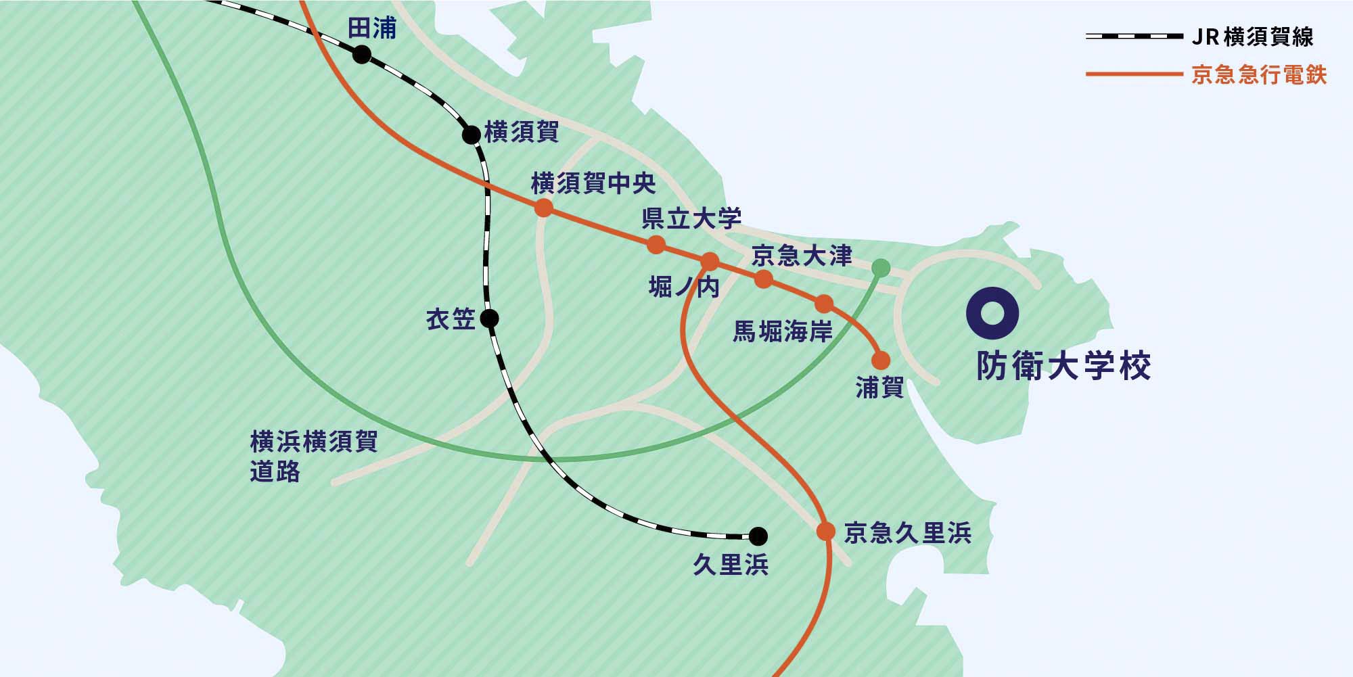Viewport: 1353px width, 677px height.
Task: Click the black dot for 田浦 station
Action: click(362, 55)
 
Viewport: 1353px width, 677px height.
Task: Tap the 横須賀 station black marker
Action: click(472, 135)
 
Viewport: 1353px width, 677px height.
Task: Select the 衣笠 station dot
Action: click(489, 318)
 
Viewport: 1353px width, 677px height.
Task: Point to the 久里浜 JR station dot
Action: click(758, 536)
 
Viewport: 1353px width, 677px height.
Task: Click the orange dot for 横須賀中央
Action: click(543, 208)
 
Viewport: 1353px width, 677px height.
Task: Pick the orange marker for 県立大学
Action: click(656, 244)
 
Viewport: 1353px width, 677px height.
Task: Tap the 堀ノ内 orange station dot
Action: click(710, 262)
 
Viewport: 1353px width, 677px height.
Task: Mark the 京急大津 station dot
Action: click(764, 279)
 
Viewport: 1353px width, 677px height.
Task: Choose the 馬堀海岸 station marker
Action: click(824, 304)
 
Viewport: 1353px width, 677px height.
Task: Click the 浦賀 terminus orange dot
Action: click(881, 360)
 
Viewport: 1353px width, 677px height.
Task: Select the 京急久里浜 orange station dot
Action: click(826, 531)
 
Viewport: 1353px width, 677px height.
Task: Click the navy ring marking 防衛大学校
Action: click(992, 313)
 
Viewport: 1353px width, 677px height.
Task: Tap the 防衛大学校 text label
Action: click(1063, 367)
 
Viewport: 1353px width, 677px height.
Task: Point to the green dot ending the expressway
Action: click(880, 268)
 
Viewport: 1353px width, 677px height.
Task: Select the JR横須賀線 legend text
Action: click(1252, 37)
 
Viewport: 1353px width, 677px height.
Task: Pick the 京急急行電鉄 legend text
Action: click(1259, 74)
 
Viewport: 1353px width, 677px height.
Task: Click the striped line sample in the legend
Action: click(1134, 36)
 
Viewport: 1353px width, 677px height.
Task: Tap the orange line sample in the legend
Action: click(1134, 74)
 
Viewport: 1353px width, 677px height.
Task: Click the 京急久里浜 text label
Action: click(908, 533)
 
